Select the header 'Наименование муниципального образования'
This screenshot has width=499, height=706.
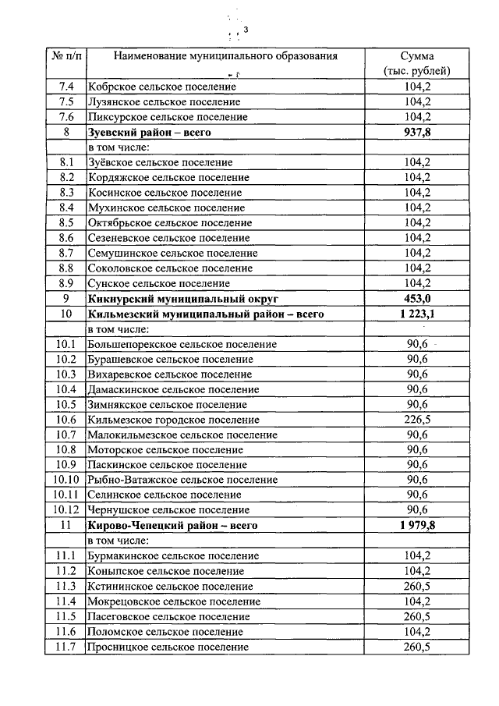[x=225, y=56]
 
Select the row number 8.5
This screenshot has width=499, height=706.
[x=66, y=222]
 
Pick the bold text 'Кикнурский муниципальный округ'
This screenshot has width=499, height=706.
[x=183, y=298]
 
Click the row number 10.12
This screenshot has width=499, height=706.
[x=66, y=510]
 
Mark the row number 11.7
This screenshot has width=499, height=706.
[x=66, y=647]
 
